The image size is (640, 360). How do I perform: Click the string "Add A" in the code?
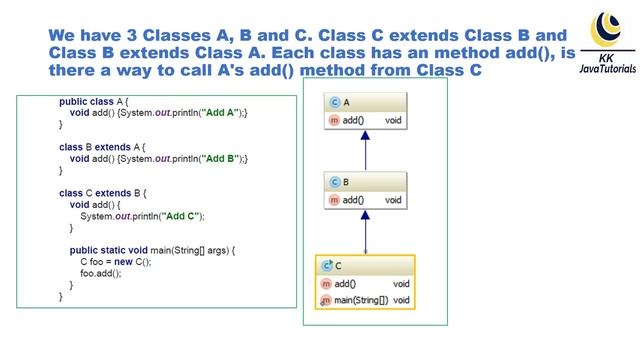220,111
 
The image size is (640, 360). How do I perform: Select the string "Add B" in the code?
220,158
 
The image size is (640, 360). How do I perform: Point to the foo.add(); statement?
101,273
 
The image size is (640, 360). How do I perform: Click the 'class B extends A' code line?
102,146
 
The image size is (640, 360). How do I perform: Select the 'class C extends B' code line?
103,192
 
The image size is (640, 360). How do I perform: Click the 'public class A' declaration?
95,100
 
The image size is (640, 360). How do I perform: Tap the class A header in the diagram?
366,103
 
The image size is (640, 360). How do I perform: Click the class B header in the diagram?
366,183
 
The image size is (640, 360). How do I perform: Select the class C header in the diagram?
365,266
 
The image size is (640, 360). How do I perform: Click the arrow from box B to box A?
366,151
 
